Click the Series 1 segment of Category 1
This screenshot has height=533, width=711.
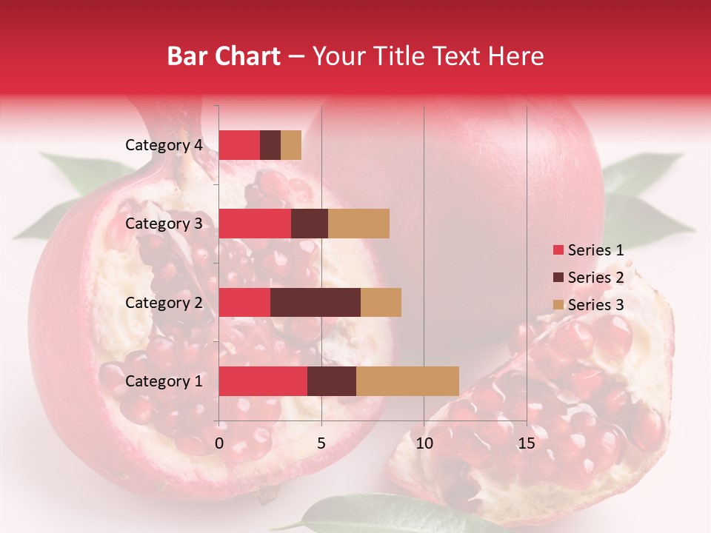[x=263, y=381]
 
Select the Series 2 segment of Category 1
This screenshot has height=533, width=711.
[x=332, y=381]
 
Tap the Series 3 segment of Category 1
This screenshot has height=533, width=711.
[x=407, y=381]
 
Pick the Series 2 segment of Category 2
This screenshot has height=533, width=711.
[x=316, y=302]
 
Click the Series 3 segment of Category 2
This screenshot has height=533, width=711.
[x=381, y=302]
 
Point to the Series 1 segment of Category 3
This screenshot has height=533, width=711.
[x=255, y=224]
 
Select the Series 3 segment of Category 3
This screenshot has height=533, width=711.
[x=358, y=224]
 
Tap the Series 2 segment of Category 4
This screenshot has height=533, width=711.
[x=270, y=145]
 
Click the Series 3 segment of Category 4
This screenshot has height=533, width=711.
[x=291, y=145]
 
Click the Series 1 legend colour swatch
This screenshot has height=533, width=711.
[x=558, y=250]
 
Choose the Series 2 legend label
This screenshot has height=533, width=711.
[x=595, y=278]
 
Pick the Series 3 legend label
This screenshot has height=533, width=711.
[x=595, y=305]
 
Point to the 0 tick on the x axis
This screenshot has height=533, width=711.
[x=219, y=443]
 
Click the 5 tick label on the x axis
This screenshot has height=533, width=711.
[x=321, y=443]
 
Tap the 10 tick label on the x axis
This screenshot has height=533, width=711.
[x=424, y=443]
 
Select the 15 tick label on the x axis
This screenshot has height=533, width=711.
[x=526, y=443]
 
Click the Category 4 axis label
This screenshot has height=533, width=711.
[x=164, y=145]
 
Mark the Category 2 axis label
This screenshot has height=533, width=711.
[x=164, y=302]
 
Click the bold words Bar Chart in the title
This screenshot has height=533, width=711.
[x=224, y=56]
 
